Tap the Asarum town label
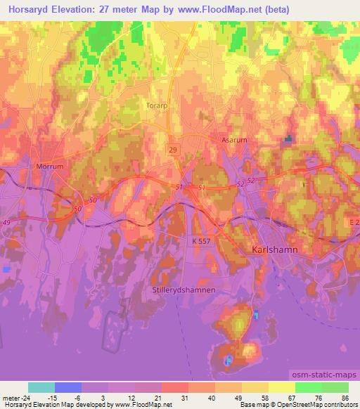pyautogui.click(x=234, y=140)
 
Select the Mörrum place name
pyautogui.click(x=49, y=167)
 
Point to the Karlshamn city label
pyautogui.click(x=274, y=250)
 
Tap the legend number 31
pyautogui.click(x=184, y=397)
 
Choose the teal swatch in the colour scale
pyautogui.click(x=41, y=387)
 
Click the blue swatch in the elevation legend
pyautogui.click(x=68, y=387)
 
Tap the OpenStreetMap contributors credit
pyautogui.click(x=314, y=405)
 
